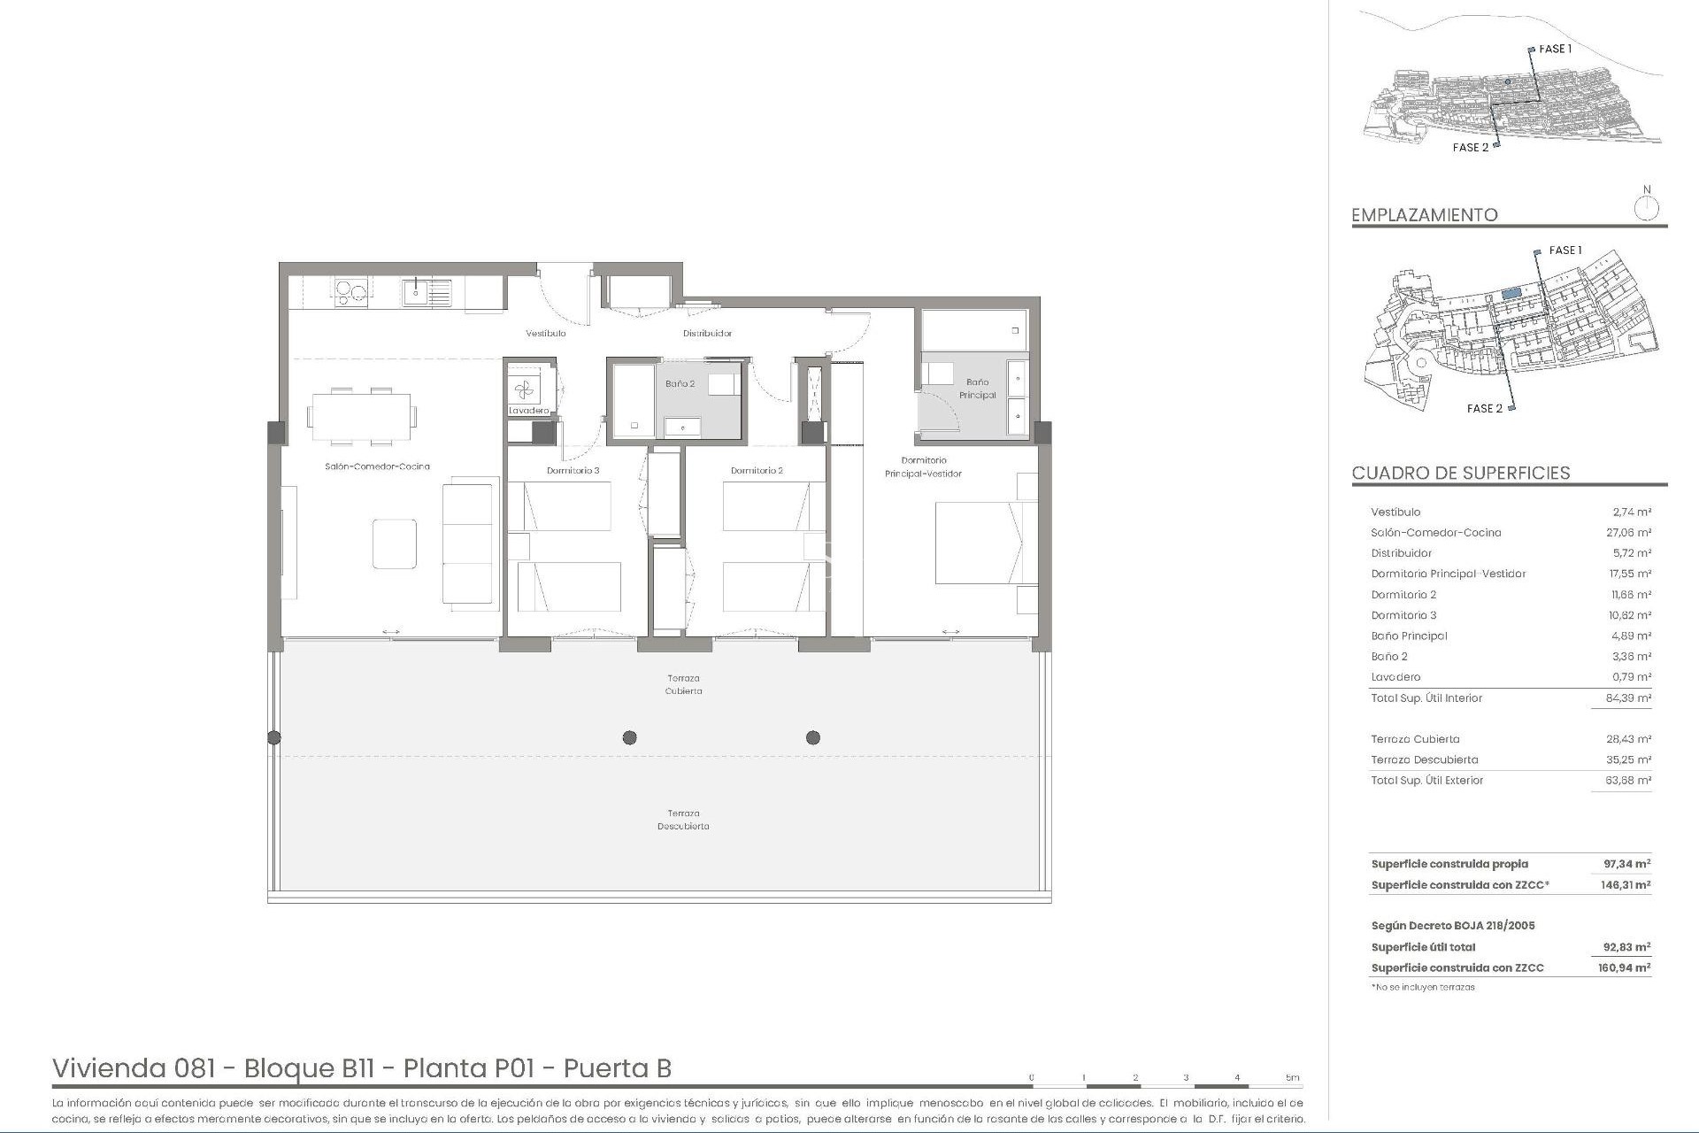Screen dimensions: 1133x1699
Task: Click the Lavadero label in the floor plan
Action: tap(529, 411)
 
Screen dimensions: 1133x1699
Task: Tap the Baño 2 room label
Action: tap(680, 384)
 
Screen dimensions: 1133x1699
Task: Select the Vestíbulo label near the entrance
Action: tap(545, 334)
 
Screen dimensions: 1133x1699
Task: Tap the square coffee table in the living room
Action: tap(394, 543)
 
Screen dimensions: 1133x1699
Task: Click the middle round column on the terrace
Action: tap(629, 737)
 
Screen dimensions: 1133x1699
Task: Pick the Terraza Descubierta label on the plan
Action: tap(683, 820)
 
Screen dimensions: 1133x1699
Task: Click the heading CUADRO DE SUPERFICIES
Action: tap(1460, 473)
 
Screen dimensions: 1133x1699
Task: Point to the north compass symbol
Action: tap(1646, 209)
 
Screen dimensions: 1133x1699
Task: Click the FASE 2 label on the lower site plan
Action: tap(1484, 408)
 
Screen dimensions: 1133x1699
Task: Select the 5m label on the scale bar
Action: tap(1292, 1078)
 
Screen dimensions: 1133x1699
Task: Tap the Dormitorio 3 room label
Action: tap(573, 471)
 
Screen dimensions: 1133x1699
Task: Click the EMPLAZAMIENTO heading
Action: tap(1424, 215)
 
